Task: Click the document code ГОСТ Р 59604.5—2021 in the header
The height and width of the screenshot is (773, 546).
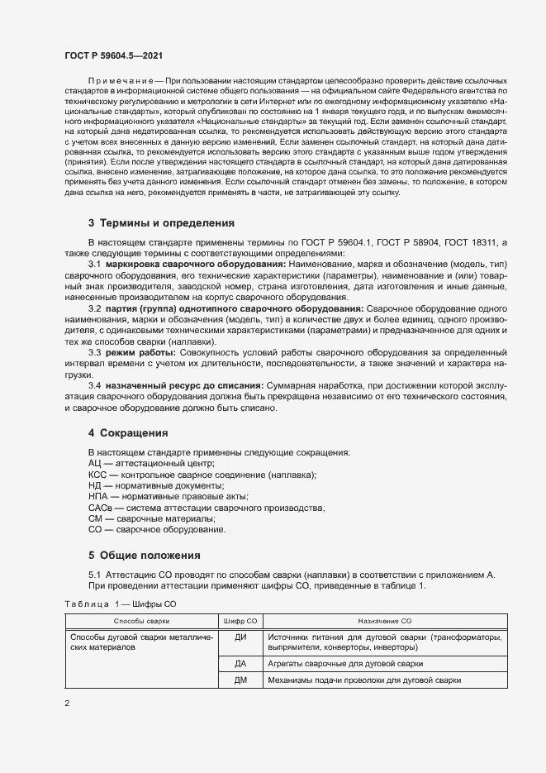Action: (x=113, y=55)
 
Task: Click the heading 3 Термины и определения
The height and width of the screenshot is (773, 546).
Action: (x=161, y=223)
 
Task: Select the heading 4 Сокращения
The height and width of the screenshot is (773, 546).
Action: (x=128, y=432)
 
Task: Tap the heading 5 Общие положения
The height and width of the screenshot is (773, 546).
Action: (x=144, y=555)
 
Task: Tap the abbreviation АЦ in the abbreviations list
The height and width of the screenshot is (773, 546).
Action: (x=95, y=465)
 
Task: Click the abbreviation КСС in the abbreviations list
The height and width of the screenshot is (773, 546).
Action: (x=98, y=475)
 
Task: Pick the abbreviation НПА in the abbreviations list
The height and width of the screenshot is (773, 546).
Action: (x=98, y=497)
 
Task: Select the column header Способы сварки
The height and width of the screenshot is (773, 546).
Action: (x=141, y=620)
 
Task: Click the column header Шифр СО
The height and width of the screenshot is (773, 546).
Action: (x=241, y=620)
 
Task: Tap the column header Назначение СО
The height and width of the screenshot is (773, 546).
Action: (x=385, y=620)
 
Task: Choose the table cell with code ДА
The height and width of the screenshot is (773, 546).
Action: (x=241, y=664)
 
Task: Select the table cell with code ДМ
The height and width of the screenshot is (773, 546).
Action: (x=241, y=680)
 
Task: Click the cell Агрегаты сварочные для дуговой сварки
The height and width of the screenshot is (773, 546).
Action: (x=345, y=664)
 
